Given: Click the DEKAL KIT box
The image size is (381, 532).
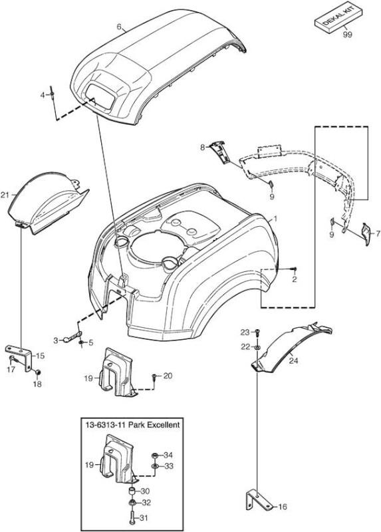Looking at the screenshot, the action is (x=338, y=19).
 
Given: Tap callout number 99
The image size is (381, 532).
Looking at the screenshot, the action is (x=347, y=35).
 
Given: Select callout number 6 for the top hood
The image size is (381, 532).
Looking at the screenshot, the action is (x=119, y=27).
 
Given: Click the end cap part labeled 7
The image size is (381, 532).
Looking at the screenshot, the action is (x=366, y=233).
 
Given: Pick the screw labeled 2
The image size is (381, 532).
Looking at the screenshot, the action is (x=294, y=269).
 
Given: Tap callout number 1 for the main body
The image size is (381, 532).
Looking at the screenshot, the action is (x=275, y=219).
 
